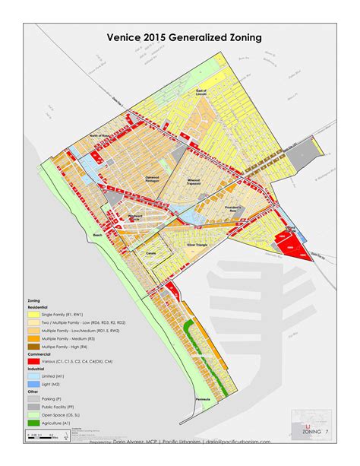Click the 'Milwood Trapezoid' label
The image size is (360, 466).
pos(199,181)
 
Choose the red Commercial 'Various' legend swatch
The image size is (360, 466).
pos(34,363)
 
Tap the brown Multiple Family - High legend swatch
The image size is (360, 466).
pos(34,347)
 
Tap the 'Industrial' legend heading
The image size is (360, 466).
pos(36,369)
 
